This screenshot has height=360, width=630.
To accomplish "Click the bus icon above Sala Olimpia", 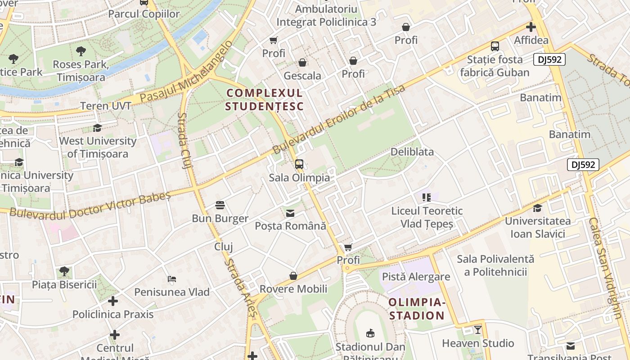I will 299,164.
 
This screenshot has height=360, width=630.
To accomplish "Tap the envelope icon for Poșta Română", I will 290,213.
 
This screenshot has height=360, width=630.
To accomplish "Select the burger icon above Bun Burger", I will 220,205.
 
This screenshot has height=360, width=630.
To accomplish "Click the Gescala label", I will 302,76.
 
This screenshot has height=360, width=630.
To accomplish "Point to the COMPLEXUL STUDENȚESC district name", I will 265,100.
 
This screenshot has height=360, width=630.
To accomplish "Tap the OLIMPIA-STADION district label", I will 417,309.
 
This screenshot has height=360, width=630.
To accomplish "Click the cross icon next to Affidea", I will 531,27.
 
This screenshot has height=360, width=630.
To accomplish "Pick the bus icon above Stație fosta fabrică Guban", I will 495,46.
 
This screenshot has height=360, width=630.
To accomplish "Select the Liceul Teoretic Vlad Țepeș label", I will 427,217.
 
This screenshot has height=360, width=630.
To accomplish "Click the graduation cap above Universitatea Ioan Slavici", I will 537,208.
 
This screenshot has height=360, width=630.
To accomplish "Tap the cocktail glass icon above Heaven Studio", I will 477,330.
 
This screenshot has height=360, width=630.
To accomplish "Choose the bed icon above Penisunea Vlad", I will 172,279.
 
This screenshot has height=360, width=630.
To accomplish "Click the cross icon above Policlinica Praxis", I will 113,301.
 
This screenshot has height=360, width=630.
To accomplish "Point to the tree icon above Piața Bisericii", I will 64,271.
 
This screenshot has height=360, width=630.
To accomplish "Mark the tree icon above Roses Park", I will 81,51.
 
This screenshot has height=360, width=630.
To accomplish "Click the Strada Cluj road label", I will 184,140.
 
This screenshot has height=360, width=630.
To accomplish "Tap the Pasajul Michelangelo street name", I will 187,72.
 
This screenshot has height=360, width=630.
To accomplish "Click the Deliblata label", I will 412,152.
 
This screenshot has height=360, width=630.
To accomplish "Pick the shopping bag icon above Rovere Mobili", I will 293,275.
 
